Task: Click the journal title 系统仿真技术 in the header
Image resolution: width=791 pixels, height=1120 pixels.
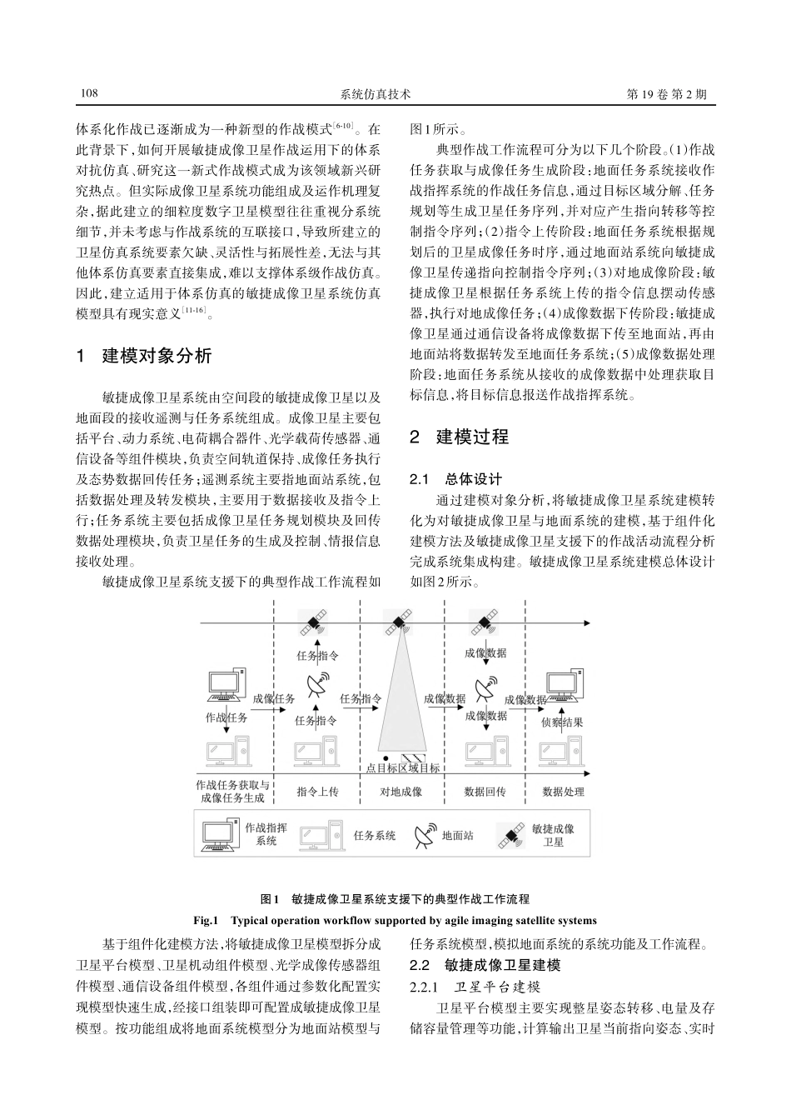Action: coord(376,95)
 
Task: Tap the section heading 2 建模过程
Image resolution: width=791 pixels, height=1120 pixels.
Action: coord(460,437)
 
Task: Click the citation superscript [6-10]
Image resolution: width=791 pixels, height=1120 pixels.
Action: coord(345,126)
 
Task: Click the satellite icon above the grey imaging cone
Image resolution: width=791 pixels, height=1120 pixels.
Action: coord(397,622)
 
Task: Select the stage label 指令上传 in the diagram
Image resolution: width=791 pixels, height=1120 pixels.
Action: coord(317,791)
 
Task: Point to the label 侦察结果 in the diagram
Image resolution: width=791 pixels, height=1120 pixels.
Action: coord(562,722)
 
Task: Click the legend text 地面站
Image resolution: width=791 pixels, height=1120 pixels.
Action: coord(457,835)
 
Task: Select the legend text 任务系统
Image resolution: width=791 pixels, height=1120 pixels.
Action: coord(374,835)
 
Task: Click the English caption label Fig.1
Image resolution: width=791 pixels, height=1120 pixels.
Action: coord(206,921)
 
